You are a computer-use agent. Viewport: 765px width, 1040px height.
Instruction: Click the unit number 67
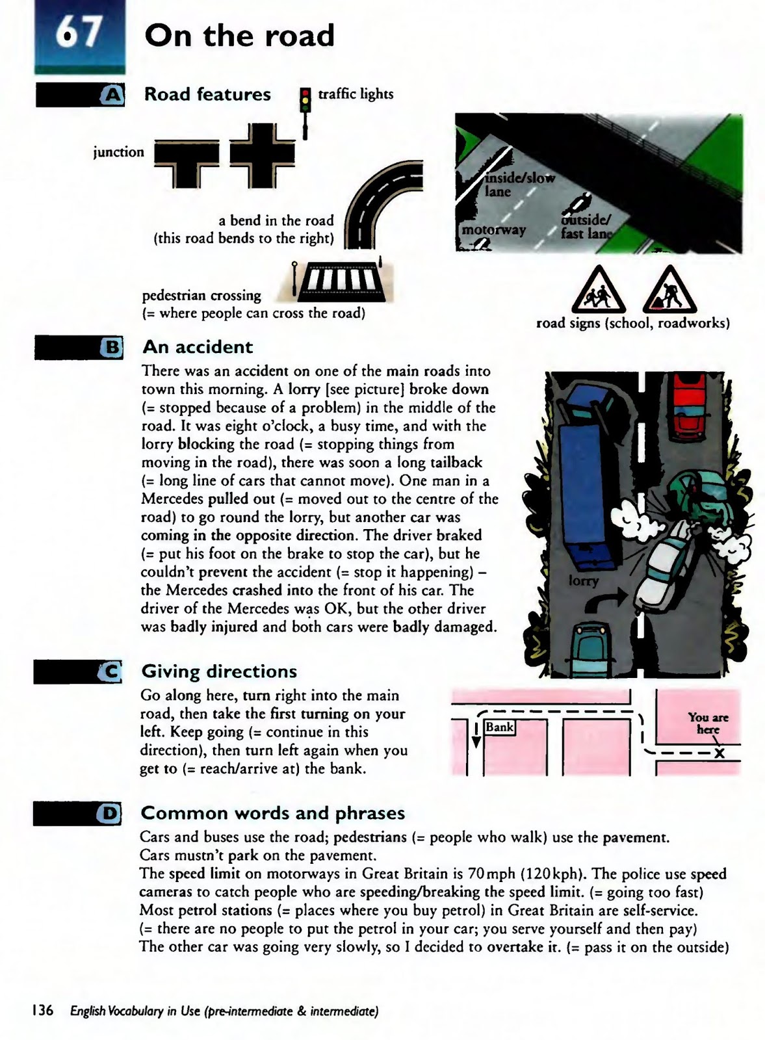point(79,32)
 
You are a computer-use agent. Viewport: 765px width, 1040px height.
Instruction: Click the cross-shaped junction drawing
point(263,155)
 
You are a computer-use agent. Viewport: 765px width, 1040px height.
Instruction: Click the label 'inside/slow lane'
point(518,185)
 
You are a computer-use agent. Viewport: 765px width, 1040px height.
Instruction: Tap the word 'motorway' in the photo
point(493,229)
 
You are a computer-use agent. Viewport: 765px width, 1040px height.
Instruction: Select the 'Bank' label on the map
point(500,727)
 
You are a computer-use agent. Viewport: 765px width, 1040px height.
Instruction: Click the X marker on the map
point(719,754)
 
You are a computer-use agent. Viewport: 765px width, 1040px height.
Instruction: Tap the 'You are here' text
point(708,723)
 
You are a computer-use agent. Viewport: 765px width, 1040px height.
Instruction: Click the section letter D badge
point(109,813)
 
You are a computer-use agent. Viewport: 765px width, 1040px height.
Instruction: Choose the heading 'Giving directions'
point(219,671)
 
